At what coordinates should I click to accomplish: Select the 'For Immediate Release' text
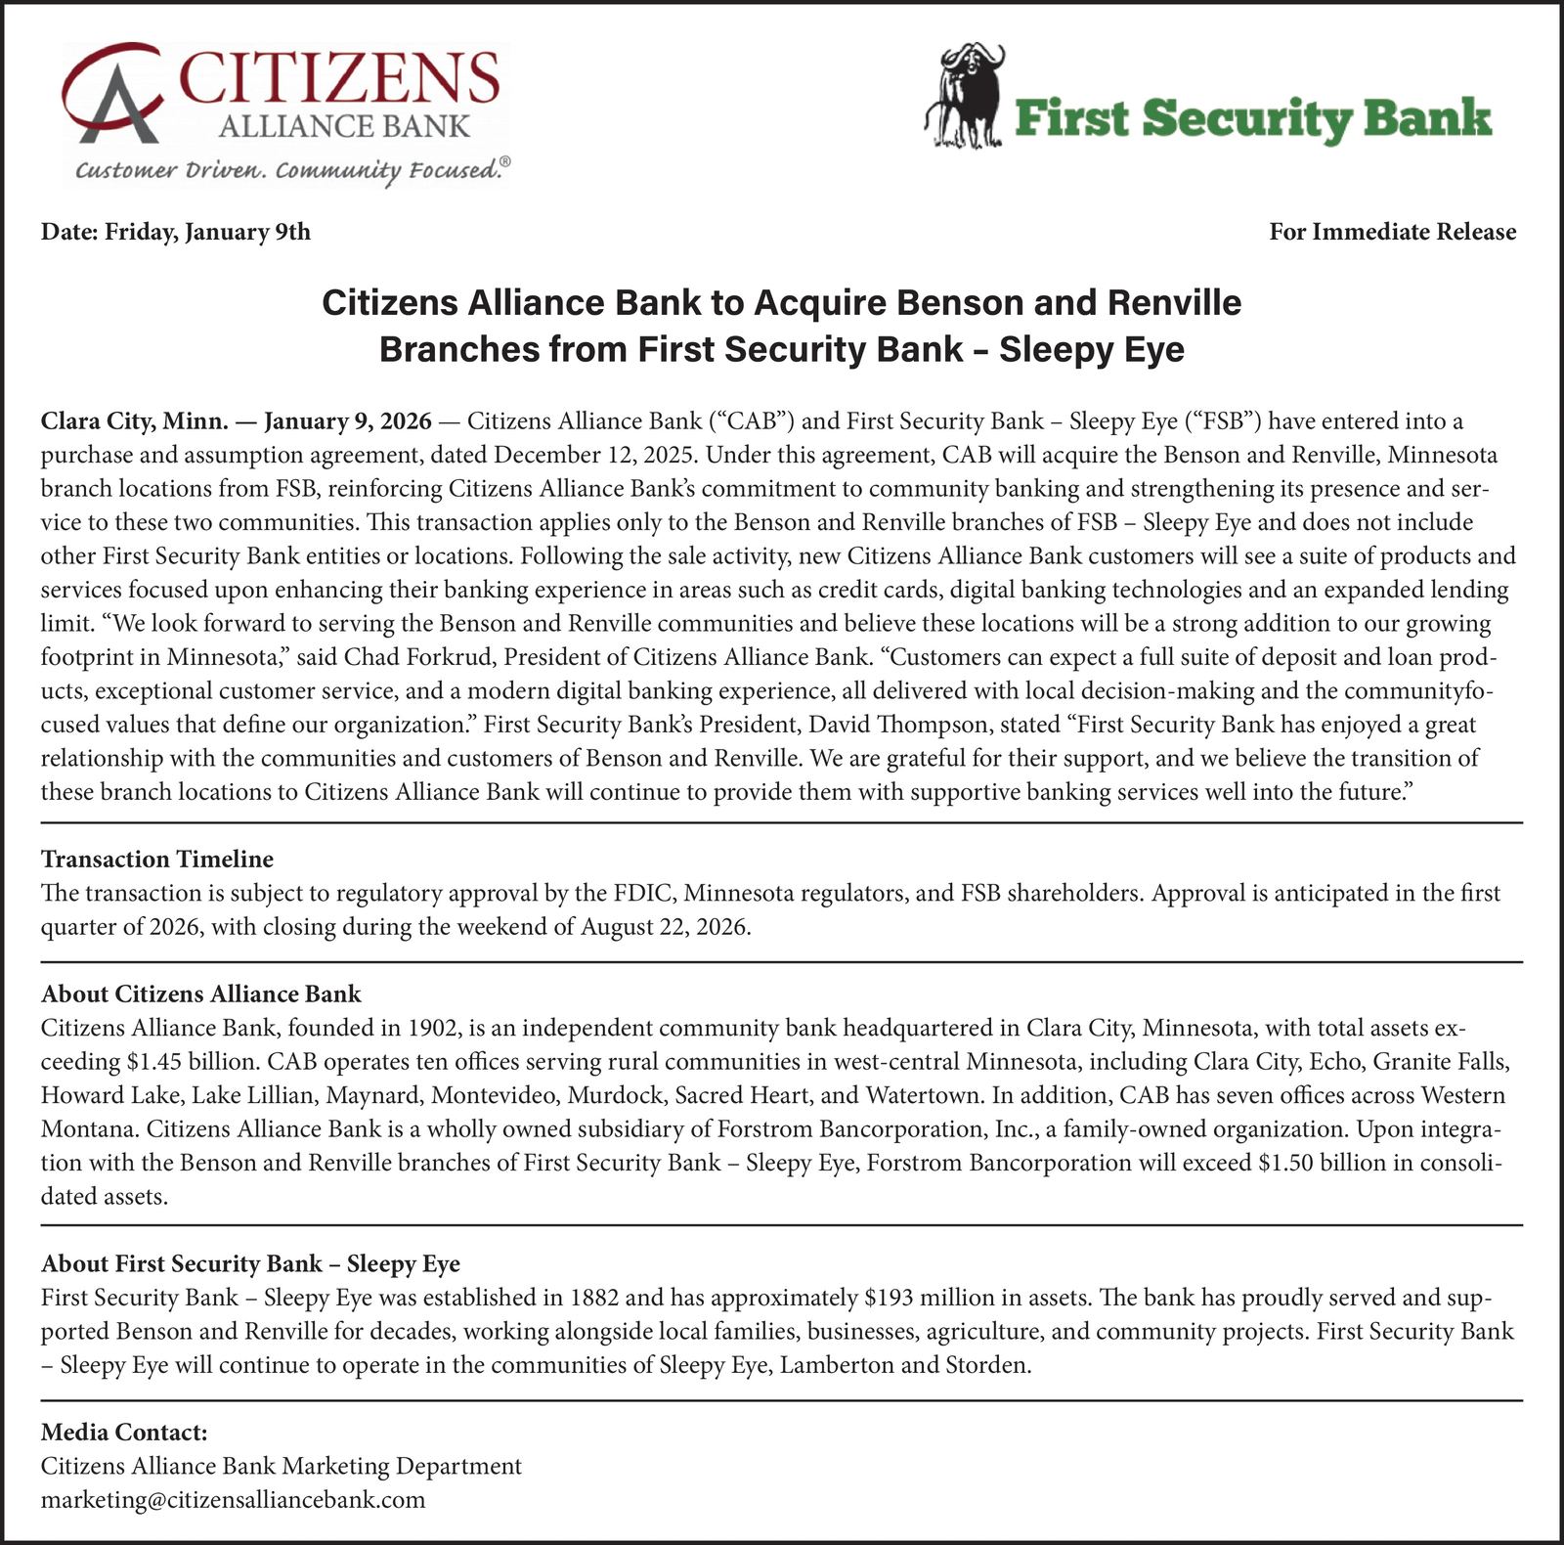pyautogui.click(x=1392, y=232)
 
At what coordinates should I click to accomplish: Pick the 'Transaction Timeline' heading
pyautogui.click(x=156, y=859)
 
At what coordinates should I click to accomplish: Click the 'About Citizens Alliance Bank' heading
pyautogui.click(x=200, y=993)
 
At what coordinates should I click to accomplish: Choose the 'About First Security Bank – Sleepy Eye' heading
pyautogui.click(x=250, y=1263)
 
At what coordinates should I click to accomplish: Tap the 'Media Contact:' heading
pyautogui.click(x=124, y=1432)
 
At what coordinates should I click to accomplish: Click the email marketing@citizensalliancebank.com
pyautogui.click(x=233, y=1499)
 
